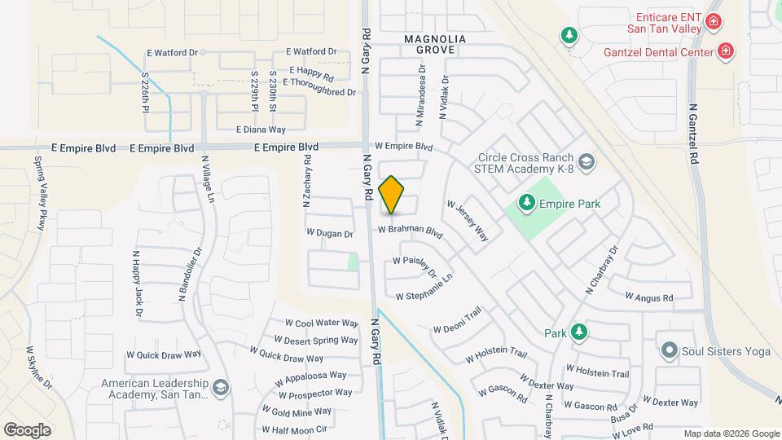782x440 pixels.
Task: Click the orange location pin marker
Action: [391, 195]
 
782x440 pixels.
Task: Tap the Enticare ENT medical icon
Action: [714, 21]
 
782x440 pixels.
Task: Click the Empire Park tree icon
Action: [526, 203]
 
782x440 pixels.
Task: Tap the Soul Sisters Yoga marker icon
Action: [670, 350]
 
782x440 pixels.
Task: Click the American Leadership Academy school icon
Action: [220, 389]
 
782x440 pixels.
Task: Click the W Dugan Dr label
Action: [329, 233]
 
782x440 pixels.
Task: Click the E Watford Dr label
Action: [173, 52]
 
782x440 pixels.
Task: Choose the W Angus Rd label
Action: [648, 298]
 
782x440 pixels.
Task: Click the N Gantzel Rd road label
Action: [694, 130]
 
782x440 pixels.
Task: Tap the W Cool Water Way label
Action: [321, 323]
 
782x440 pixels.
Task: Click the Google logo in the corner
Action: [26, 429]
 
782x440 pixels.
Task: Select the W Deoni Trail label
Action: [458, 319]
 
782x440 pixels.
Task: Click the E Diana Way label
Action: [261, 130]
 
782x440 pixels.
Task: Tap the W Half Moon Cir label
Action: [294, 429]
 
